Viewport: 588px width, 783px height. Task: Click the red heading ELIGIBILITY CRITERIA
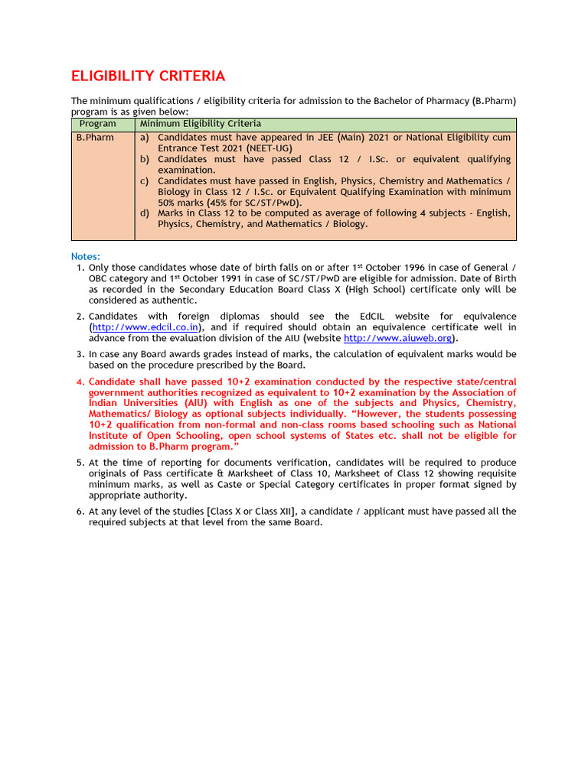(x=148, y=76)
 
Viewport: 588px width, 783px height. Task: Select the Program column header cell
(x=98, y=124)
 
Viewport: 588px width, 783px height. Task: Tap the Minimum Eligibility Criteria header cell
(x=200, y=124)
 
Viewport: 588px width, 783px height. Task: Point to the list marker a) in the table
(x=144, y=138)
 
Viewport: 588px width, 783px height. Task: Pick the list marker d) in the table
(x=144, y=213)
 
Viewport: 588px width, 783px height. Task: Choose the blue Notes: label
(x=86, y=256)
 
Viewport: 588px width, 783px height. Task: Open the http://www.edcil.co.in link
(x=145, y=327)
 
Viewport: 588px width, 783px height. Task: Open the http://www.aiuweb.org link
(x=398, y=338)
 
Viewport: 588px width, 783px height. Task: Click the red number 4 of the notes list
(x=80, y=382)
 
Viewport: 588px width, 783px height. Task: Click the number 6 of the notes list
(x=80, y=512)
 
